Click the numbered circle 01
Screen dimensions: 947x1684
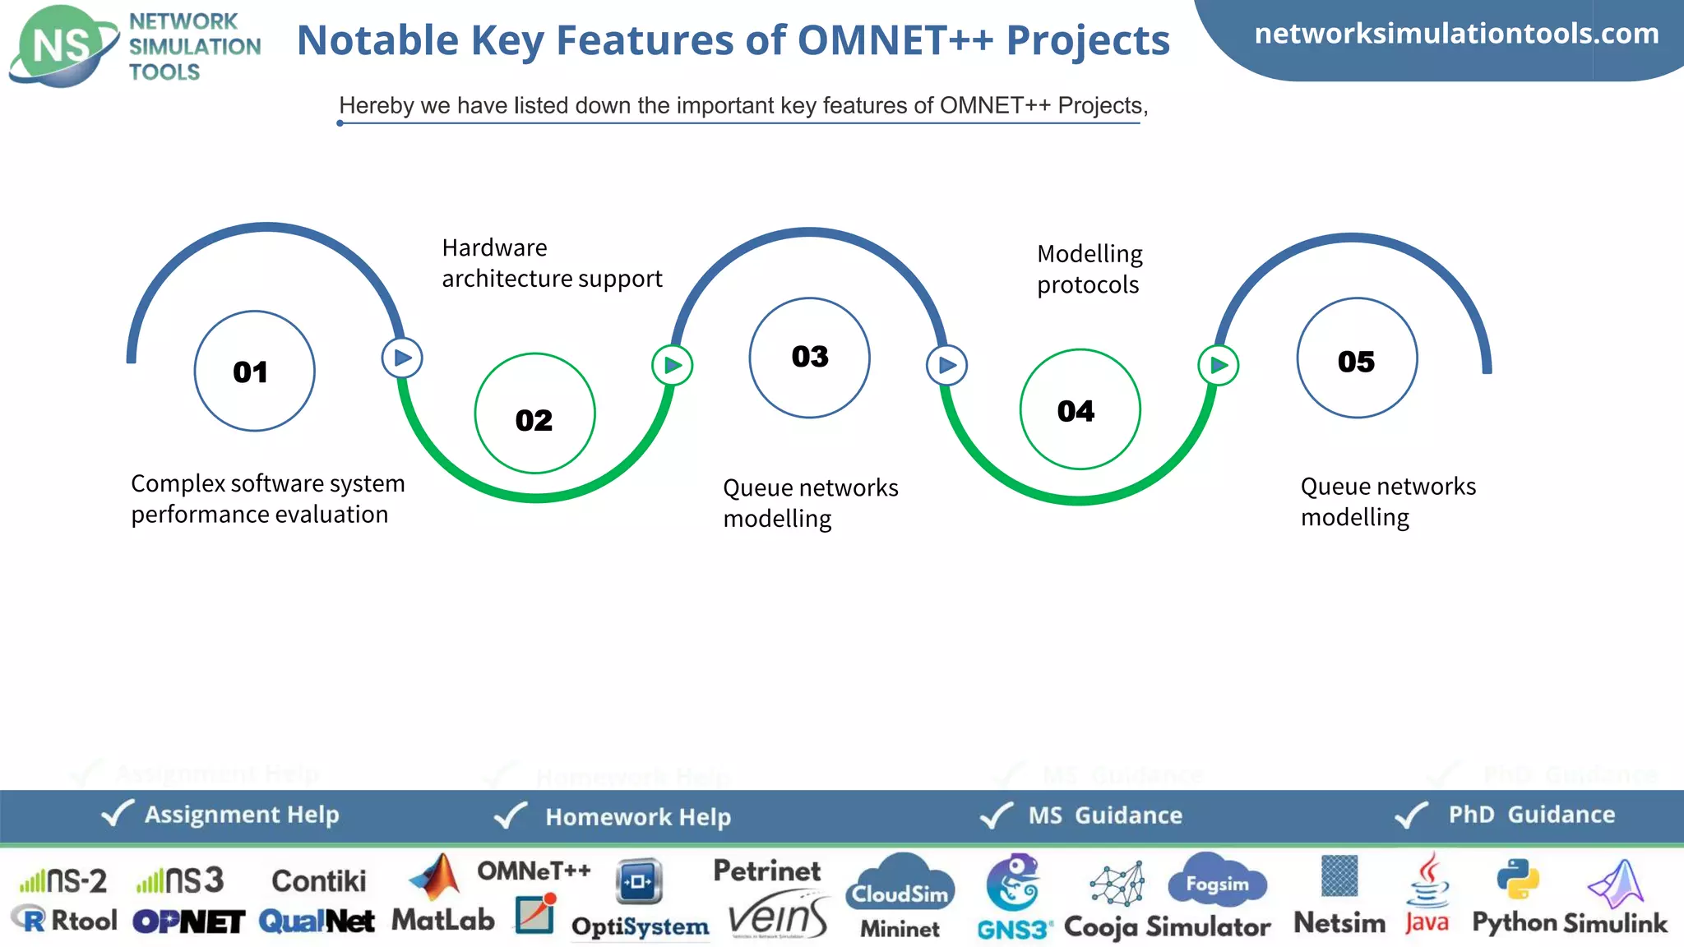pos(254,371)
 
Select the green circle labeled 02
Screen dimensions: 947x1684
pos(534,413)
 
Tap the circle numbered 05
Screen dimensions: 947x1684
pos(1357,358)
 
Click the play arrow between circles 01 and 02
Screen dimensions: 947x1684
pos(402,358)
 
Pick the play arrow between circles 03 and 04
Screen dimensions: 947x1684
pos(946,365)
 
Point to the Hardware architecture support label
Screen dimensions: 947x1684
pos(551,263)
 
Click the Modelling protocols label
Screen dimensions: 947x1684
pos(1089,269)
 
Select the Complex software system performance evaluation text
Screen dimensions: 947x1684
pos(267,498)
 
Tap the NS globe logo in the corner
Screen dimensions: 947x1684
pos(62,46)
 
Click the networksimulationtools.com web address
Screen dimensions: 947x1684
pos(1456,34)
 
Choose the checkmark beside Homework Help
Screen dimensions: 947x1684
pos(511,815)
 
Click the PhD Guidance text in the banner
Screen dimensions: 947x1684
pos(1531,815)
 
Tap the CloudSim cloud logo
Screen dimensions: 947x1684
pos(900,884)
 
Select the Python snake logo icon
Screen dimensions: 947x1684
pos(1517,879)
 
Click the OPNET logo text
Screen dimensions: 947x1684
pos(188,922)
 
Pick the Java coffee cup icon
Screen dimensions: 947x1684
pos(1429,881)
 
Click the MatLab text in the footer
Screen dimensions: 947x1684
pos(442,920)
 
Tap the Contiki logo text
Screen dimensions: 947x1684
pos(318,881)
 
